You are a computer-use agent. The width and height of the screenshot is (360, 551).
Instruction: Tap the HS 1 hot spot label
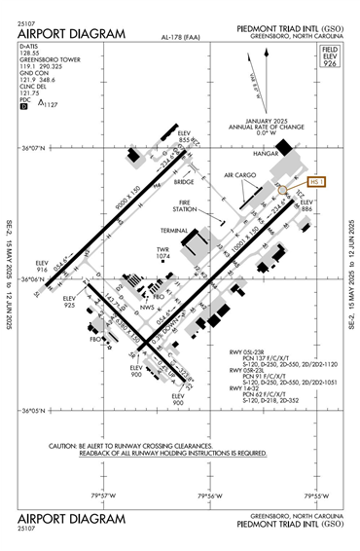(318, 181)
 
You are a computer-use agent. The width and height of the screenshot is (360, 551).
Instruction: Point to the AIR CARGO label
(239, 176)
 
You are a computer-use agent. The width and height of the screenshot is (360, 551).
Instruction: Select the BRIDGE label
(185, 180)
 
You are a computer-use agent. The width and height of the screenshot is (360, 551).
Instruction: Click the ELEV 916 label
(42, 266)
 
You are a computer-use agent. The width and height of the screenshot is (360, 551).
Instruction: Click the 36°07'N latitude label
(33, 148)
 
